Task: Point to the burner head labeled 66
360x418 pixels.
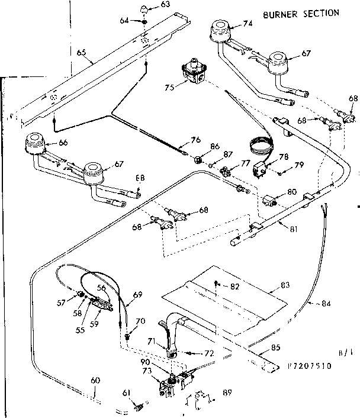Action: click(34, 143)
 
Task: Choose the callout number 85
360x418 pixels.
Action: click(292, 348)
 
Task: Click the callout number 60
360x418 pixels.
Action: click(94, 380)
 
